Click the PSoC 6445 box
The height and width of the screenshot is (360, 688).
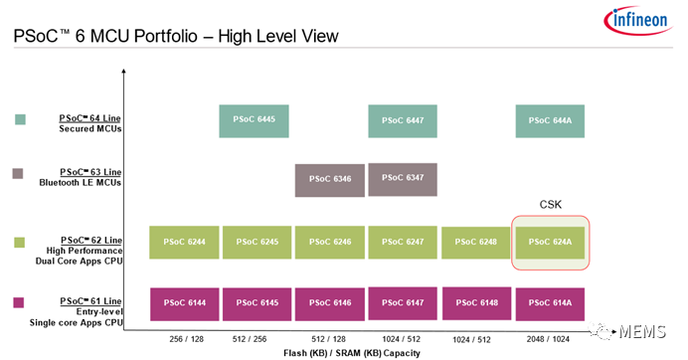254,120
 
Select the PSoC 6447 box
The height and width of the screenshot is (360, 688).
402,120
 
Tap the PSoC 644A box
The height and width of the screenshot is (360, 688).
549,120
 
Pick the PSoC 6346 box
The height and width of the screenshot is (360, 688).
329,180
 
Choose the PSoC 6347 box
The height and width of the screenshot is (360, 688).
402,179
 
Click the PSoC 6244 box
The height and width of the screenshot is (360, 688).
184,243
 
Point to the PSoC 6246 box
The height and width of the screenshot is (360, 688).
329,243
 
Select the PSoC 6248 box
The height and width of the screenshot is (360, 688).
475,243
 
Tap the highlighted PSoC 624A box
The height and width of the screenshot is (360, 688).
549,243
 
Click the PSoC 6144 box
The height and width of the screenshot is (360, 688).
184,303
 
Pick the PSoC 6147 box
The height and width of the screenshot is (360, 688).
402,303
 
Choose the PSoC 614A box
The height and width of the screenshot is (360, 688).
549,303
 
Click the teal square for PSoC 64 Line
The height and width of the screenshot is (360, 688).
20,120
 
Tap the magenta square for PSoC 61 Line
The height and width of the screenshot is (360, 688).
20,302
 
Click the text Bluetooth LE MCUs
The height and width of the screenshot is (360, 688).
80,182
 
